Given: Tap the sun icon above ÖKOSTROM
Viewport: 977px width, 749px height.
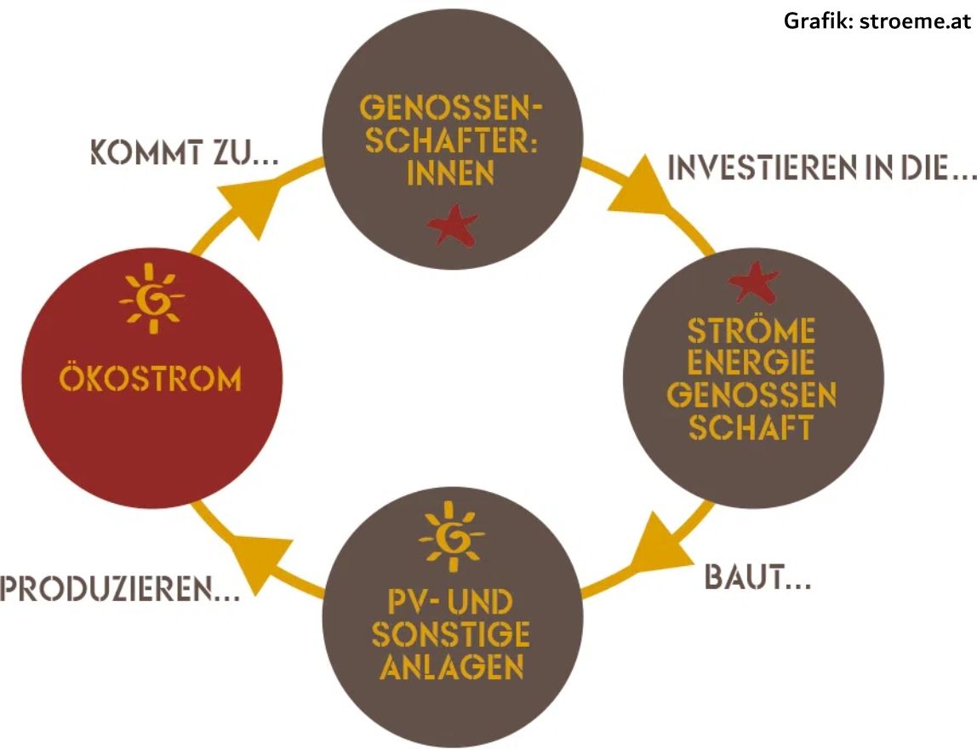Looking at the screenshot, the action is click(x=151, y=299).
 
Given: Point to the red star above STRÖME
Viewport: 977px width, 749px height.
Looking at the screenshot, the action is click(x=753, y=283).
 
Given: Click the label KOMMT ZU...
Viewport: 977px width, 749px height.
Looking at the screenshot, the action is click(x=185, y=152).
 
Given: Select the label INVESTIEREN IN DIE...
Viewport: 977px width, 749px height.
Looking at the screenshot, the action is click(x=822, y=167).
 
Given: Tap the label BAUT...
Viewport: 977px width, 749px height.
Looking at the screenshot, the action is click(x=757, y=577).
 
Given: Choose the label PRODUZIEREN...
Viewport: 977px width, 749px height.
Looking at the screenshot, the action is click(x=120, y=589).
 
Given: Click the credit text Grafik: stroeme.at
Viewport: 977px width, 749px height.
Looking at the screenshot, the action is click(x=877, y=20).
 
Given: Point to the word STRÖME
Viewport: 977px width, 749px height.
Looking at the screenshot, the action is click(x=751, y=331).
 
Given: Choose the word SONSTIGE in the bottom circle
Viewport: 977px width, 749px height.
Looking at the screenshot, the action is click(x=450, y=634).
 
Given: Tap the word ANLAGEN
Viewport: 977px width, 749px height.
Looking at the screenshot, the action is click(x=452, y=666).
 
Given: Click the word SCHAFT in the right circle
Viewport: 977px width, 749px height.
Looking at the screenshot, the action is click(x=751, y=427).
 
